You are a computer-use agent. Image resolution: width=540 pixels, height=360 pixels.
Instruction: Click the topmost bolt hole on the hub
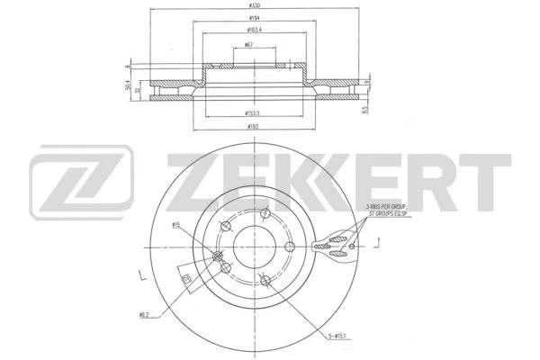pos(265,214)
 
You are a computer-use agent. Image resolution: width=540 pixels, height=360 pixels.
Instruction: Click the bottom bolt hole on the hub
pos(260,278)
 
